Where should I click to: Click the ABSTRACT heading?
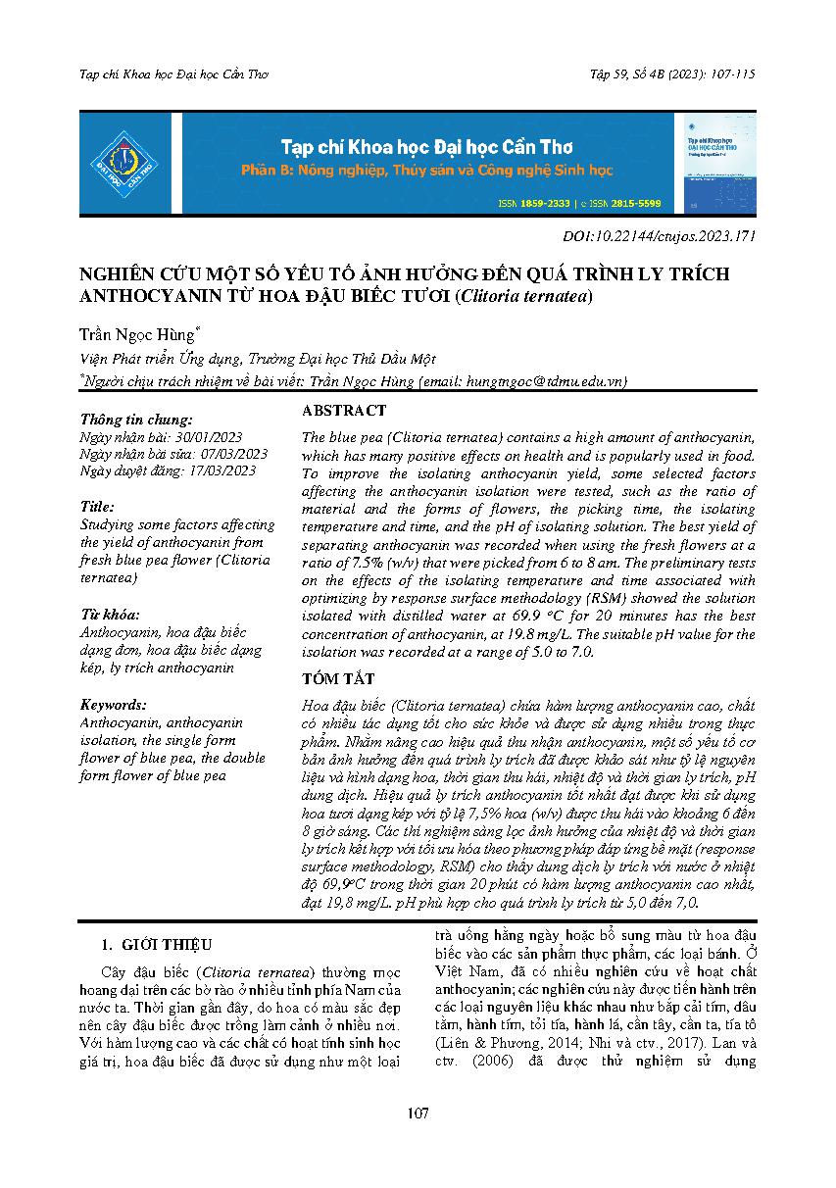pyautogui.click(x=344, y=411)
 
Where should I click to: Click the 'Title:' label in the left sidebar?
pyautogui.click(x=99, y=507)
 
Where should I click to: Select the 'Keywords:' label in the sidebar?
pyautogui.click(x=114, y=705)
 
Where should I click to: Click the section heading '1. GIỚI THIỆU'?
pyautogui.click(x=157, y=946)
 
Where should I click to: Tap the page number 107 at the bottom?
pyautogui.click(x=418, y=1113)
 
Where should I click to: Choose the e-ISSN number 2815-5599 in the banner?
pyautogui.click(x=635, y=204)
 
